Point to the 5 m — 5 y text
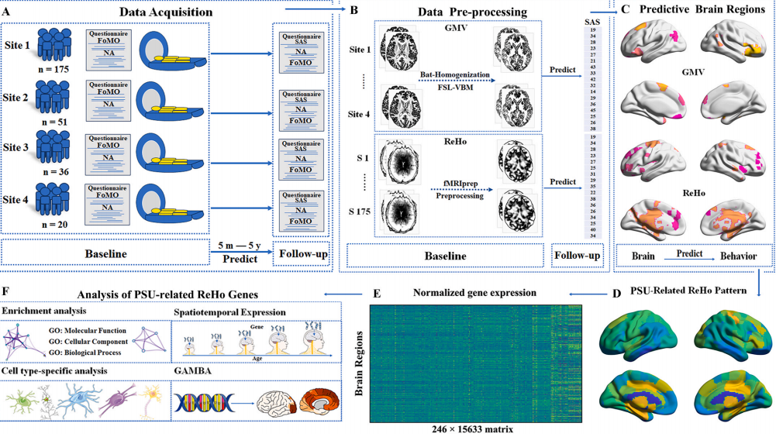pos(241,243)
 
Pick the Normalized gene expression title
pos(464,294)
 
